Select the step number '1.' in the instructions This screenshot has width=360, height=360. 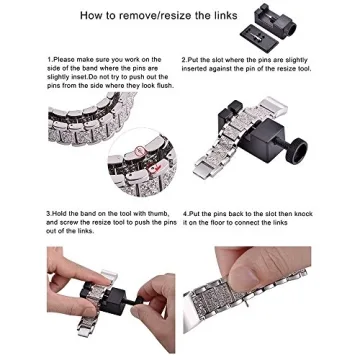pyautogui.click(x=49, y=60)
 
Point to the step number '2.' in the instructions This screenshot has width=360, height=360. pyautogui.click(x=184, y=60)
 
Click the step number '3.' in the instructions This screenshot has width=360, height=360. pyautogui.click(x=49, y=213)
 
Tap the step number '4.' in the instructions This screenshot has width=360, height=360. pyautogui.click(x=184, y=213)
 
